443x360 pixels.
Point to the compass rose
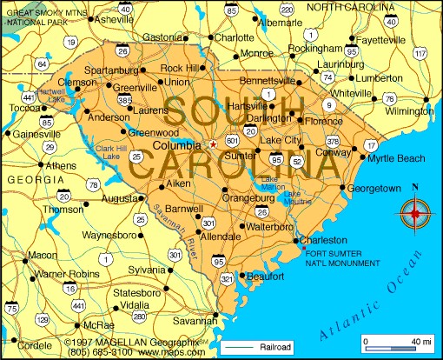point(414,210)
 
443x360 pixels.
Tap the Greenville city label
point(135,87)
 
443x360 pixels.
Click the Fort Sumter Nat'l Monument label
point(344,258)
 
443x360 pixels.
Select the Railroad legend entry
point(272,347)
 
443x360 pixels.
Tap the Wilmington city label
point(410,112)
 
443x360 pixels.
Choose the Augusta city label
point(119,199)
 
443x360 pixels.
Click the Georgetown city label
point(374,188)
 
